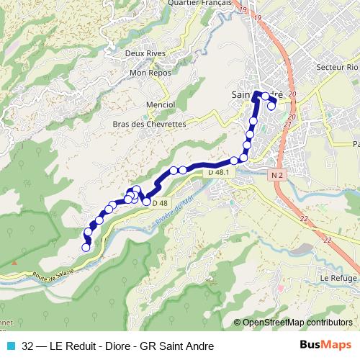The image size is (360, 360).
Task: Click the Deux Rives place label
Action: [x=144, y=53]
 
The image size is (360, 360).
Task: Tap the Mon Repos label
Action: [x=148, y=73]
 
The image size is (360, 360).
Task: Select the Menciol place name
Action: [x=161, y=104]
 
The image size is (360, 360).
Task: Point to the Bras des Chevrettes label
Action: [x=144, y=124]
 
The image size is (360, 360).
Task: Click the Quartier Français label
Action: [x=198, y=3]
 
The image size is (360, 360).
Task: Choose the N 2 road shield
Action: [x=279, y=175]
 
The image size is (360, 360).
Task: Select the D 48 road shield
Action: [x=160, y=202]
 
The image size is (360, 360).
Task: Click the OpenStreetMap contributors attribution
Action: [x=297, y=323]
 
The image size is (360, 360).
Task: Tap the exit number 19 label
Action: [x=243, y=9]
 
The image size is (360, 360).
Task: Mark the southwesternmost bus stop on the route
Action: [x=86, y=247]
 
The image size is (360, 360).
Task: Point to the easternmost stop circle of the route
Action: [x=274, y=97]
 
